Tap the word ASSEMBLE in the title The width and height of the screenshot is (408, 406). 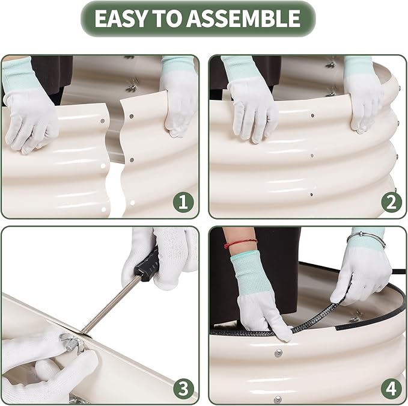tap(243, 18)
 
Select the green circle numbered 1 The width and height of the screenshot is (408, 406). tap(183, 202)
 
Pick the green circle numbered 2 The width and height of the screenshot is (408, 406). tap(391, 202)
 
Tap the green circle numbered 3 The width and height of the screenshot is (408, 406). tap(184, 389)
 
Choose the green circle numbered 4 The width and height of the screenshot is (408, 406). tap(391, 389)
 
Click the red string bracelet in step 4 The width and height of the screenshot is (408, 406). tap(240, 243)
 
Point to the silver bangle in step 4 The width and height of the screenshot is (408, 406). tap(367, 239)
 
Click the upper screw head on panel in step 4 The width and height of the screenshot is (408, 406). tap(278, 353)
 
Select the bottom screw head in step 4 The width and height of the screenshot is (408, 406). tap(278, 399)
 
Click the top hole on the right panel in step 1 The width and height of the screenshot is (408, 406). tap(132, 116)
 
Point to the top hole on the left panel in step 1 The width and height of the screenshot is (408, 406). tap(103, 121)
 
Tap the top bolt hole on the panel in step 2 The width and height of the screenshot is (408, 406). tap(312, 115)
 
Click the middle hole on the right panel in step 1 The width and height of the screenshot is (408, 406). tap(132, 159)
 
